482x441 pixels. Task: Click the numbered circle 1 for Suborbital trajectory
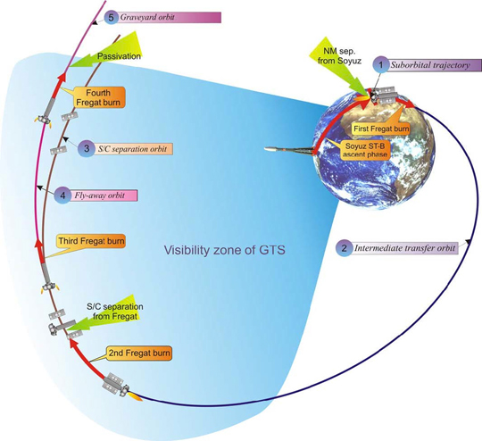click(381, 65)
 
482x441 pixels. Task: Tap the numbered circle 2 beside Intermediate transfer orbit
click(344, 248)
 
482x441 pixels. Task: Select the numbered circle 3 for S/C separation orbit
click(86, 149)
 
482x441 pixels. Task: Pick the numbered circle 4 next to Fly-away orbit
click(62, 196)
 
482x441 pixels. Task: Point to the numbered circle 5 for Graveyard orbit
click(111, 17)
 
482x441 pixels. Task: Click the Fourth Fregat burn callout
click(98, 97)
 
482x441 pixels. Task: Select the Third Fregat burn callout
click(91, 241)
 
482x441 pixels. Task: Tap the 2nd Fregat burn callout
click(139, 353)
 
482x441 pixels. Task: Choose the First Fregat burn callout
click(381, 129)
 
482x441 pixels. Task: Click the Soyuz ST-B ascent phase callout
click(365, 150)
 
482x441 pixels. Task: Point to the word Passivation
click(119, 56)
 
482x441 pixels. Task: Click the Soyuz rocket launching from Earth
click(289, 150)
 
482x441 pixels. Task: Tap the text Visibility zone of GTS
click(224, 250)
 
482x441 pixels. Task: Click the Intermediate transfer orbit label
click(405, 248)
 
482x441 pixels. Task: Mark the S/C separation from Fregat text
click(115, 312)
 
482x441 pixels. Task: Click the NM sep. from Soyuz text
click(339, 55)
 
